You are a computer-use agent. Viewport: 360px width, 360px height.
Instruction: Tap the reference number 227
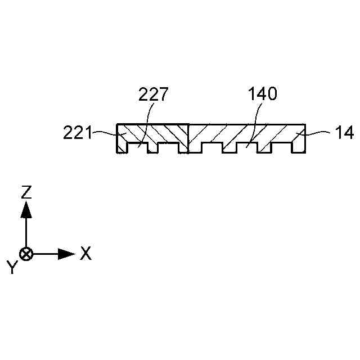[x=153, y=94]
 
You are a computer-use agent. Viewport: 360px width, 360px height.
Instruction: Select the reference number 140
[x=263, y=94]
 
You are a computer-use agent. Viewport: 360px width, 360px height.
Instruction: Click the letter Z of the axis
[x=26, y=192]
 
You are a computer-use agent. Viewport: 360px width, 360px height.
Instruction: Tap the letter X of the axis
[x=85, y=254]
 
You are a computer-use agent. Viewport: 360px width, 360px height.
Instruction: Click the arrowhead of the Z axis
[x=26, y=209]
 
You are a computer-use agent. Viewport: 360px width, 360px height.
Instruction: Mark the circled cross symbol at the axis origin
[x=26, y=254]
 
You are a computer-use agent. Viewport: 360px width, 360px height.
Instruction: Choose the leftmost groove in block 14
[x=211, y=148]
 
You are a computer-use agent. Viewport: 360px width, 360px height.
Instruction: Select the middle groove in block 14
[x=246, y=148]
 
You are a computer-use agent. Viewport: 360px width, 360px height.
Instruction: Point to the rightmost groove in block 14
[x=282, y=148]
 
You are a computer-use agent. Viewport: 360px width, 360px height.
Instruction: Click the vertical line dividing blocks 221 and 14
[x=187, y=138]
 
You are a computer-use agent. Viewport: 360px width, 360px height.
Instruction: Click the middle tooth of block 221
[x=152, y=148]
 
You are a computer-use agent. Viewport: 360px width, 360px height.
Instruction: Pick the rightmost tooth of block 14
[x=300, y=147]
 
